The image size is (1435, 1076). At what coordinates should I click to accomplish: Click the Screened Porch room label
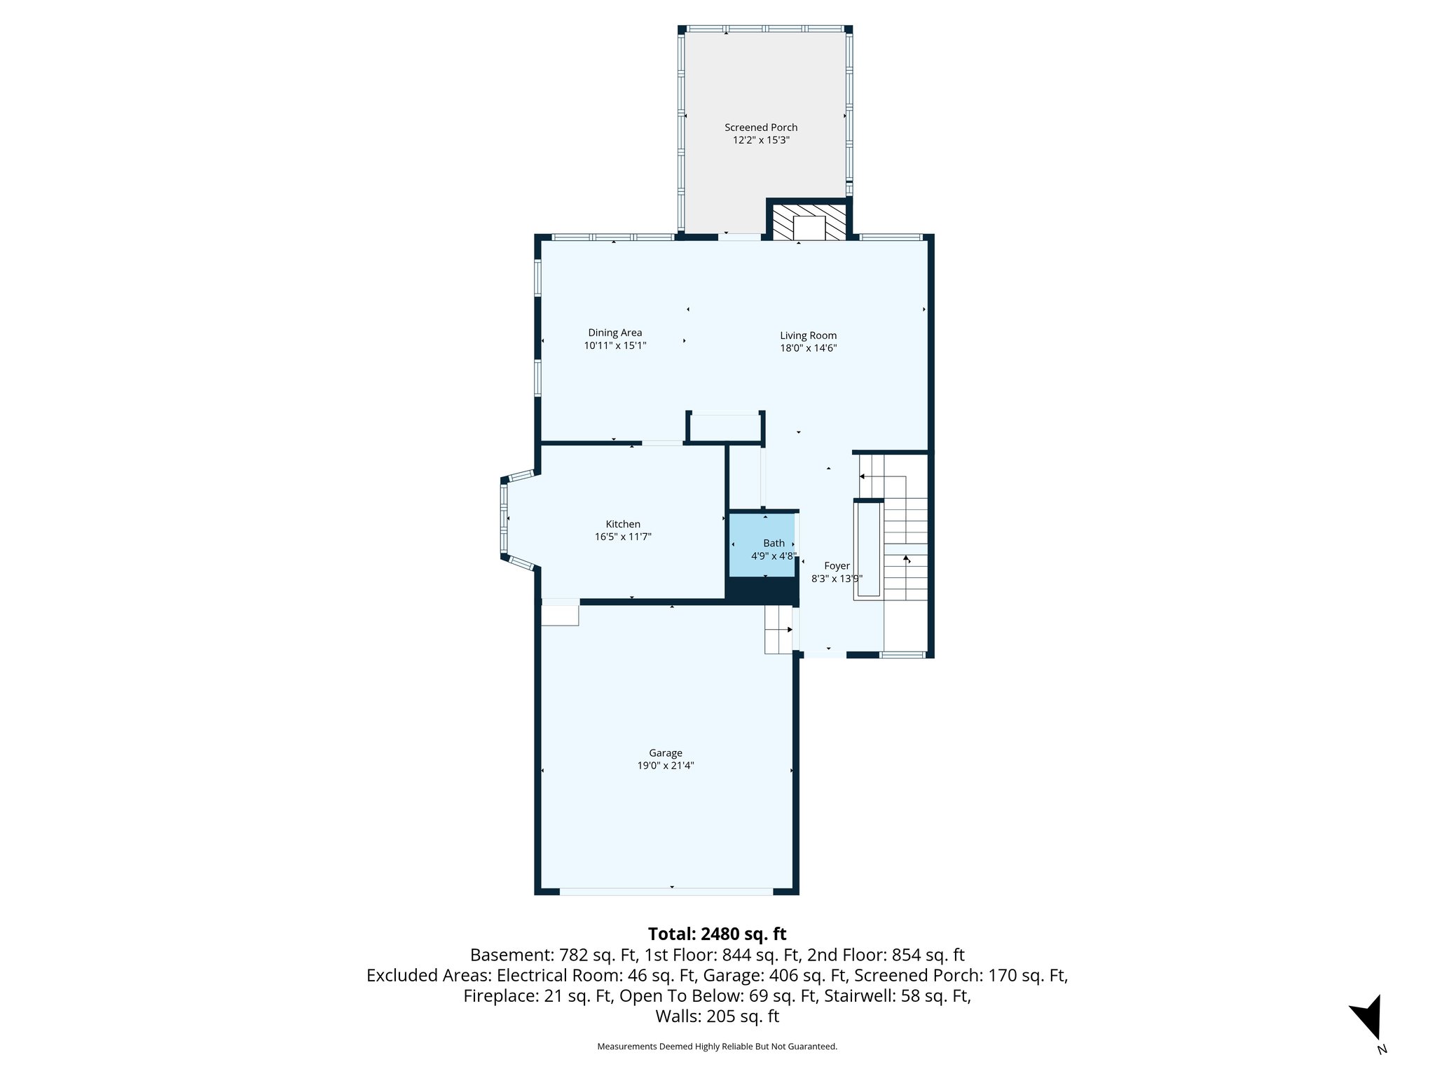point(761,127)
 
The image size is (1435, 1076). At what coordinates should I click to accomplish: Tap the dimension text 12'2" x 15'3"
point(761,140)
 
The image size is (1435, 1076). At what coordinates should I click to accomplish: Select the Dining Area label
point(614,333)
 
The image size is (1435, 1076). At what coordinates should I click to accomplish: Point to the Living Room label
point(808,336)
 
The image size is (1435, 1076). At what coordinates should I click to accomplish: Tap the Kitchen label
point(623,524)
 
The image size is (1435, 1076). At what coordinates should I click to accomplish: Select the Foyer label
point(837,566)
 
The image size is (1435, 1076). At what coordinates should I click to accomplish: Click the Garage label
point(665,753)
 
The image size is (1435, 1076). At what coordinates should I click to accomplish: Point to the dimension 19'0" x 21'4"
point(665,766)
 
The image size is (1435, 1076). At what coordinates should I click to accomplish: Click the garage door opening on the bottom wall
point(666,891)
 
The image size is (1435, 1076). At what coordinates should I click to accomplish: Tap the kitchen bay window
point(505,518)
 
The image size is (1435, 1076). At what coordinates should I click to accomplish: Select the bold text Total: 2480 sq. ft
point(717,934)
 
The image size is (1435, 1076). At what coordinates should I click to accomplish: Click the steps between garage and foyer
point(777,629)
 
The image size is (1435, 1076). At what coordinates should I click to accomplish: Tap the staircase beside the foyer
point(905,553)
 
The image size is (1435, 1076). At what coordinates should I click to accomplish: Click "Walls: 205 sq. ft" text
point(717,1016)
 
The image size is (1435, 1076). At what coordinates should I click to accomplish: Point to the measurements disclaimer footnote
point(717,1047)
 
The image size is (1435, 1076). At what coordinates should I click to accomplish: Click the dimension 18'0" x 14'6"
point(808,348)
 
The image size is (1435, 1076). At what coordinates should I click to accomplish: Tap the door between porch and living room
point(739,237)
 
